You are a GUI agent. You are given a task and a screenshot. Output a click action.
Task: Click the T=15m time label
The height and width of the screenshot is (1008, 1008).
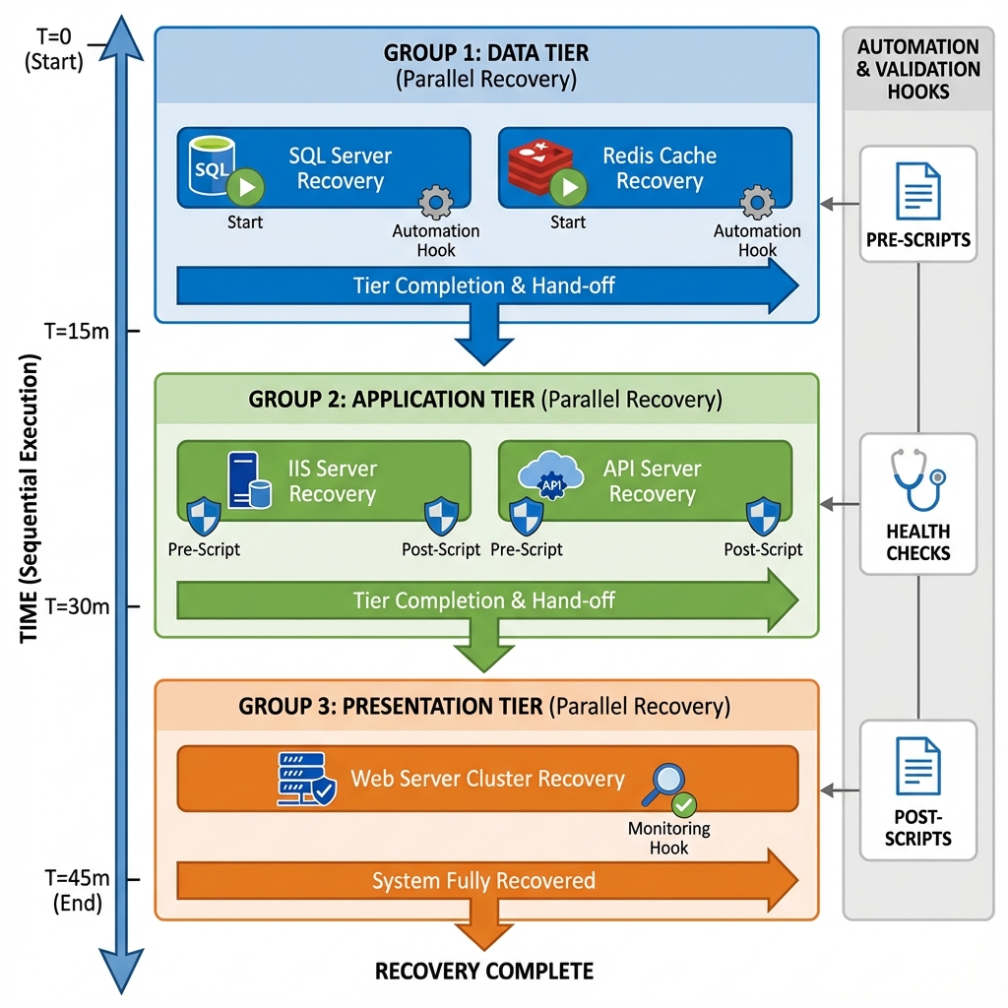(77, 331)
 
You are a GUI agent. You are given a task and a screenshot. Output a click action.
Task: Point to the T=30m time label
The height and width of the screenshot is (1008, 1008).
(77, 606)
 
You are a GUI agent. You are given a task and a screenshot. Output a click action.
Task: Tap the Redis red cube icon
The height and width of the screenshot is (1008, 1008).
(537, 164)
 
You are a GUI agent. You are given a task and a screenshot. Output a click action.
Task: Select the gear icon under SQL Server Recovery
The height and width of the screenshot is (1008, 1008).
(435, 202)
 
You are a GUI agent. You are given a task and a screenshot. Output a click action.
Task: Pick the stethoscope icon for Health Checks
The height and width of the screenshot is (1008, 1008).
(917, 478)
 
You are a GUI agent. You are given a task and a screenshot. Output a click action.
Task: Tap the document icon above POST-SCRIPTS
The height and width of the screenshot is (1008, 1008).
(917, 766)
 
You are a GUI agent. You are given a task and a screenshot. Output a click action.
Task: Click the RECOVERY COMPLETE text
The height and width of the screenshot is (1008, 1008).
(484, 972)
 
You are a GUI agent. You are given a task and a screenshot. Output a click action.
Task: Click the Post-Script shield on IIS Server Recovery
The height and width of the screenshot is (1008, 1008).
(440, 516)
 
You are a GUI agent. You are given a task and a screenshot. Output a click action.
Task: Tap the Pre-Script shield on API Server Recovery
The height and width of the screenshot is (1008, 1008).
(526, 516)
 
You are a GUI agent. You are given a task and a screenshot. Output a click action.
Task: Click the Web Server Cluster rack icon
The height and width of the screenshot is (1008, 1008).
(304, 780)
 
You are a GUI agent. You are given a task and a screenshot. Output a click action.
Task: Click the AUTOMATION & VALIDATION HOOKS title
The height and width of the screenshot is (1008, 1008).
(917, 69)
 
